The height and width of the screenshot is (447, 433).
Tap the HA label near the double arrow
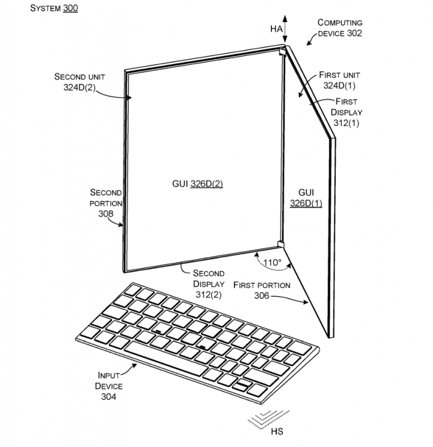275,28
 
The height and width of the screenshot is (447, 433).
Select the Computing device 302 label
340,28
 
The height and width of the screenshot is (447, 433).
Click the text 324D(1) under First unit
339,85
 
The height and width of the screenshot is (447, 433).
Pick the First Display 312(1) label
346,112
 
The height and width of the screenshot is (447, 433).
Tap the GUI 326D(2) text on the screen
197,184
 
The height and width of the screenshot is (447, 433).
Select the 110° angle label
272,263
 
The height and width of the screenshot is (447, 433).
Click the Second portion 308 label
106,202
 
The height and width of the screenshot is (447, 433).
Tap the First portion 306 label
261,290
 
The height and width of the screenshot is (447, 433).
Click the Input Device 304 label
109,386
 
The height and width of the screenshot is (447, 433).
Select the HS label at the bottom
276,431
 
